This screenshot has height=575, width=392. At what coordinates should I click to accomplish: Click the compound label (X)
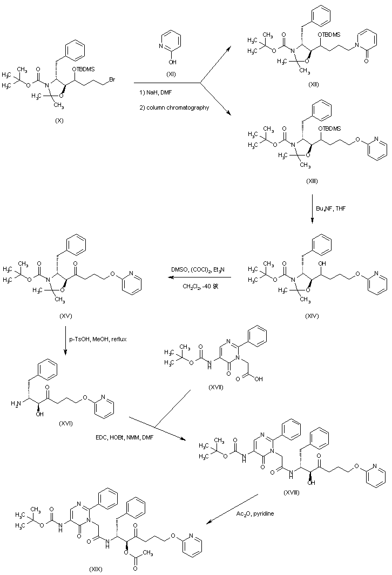point(59,120)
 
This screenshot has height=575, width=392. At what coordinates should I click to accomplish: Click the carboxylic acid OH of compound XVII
point(258,379)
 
